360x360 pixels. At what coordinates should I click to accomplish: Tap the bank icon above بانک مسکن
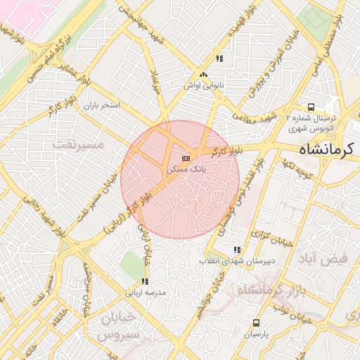point(186,159)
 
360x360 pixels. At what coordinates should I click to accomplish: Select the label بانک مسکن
point(186,169)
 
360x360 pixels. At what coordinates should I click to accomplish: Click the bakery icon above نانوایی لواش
point(203,75)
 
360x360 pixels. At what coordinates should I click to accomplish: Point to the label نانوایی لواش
point(203,85)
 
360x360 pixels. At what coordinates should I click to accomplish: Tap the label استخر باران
point(103,105)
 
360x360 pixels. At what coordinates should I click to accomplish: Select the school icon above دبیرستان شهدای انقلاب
point(236,250)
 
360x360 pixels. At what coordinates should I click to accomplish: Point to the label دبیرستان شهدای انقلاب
point(236,261)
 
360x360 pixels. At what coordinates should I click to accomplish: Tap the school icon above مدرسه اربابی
point(145,281)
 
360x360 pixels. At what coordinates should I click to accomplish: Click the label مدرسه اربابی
point(145,292)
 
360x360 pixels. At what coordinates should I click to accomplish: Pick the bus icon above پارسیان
point(255,323)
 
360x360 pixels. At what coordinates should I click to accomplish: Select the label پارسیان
point(256,335)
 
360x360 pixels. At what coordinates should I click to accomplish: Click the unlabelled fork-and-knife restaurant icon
point(219,58)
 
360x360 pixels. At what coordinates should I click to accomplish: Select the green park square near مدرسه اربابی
point(131,264)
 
